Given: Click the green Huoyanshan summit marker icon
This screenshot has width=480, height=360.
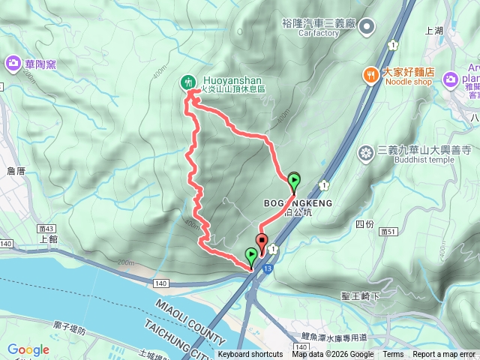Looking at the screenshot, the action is coord(188,82).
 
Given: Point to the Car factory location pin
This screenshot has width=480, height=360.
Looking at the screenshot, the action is coord(367,28).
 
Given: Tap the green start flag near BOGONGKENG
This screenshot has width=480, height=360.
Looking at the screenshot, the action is coord(294,181).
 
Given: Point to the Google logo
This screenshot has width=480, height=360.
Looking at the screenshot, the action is coord(28,349).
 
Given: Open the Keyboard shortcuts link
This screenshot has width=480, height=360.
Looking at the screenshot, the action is coord(250,355).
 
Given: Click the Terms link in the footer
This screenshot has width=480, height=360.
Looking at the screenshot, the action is coord(393,355).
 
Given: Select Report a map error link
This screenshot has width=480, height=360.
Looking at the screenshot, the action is coord(444,355).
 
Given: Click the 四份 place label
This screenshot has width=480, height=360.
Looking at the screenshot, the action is coord(364,224).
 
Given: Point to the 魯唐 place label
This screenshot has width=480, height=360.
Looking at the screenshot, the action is coord(16,172).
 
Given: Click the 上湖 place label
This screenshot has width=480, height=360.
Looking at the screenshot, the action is coord(434,31).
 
